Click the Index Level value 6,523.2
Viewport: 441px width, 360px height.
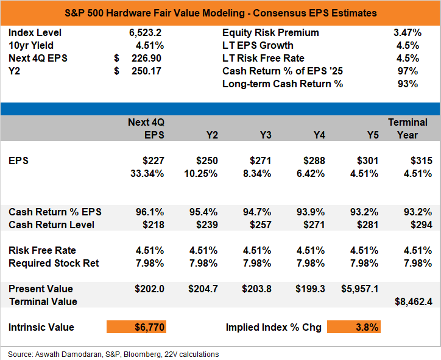tap(145, 33)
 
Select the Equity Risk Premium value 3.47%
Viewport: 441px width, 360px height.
tap(407, 33)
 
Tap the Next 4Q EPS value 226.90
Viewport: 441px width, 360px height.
tap(146, 59)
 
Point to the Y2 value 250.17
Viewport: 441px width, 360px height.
tap(146, 71)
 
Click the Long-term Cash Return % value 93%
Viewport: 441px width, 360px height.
tap(408, 84)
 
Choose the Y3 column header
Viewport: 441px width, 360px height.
tap(266, 135)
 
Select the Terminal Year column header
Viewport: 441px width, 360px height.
tap(407, 129)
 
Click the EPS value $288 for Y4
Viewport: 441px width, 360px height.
tap(314, 160)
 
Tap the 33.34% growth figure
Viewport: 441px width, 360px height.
tap(147, 173)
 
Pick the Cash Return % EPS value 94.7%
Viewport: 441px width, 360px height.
tap(257, 212)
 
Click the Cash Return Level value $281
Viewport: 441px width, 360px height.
tap(367, 225)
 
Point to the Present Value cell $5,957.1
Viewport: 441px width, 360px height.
tap(360, 289)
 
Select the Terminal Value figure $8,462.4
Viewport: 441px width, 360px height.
tap(414, 301)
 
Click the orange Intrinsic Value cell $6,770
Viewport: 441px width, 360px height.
tap(136, 327)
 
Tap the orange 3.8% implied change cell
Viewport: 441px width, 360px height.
tap(354, 327)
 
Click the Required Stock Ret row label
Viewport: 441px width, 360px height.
tap(54, 263)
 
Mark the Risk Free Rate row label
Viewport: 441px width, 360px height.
tap(42, 250)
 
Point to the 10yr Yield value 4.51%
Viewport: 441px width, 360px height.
tap(150, 46)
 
